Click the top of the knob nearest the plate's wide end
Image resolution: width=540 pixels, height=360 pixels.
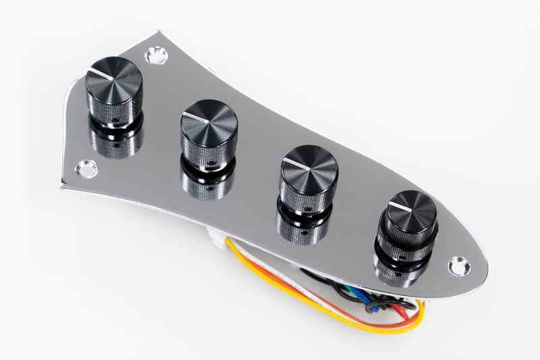coord(114,80)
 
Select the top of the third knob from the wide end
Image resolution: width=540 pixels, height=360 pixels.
coord(309,168)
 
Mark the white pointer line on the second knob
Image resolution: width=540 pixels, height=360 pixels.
coord(194,117)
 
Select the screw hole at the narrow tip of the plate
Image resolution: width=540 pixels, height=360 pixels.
coord(459,265)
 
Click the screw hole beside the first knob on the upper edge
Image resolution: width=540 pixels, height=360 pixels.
coord(157,55)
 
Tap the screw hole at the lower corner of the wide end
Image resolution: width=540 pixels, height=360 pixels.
coord(86,169)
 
